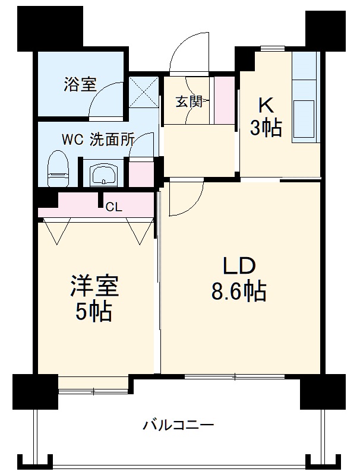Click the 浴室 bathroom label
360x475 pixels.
[80, 84]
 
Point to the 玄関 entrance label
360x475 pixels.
[188, 102]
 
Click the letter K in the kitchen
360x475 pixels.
[265, 105]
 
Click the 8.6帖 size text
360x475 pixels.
[239, 292]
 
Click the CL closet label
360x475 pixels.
[113, 208]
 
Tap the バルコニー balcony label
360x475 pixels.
[178, 425]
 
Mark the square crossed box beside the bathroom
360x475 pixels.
[143, 90]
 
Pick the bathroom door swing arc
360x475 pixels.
[107, 96]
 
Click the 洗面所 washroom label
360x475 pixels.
[112, 140]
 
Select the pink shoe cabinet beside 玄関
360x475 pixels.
[225, 100]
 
